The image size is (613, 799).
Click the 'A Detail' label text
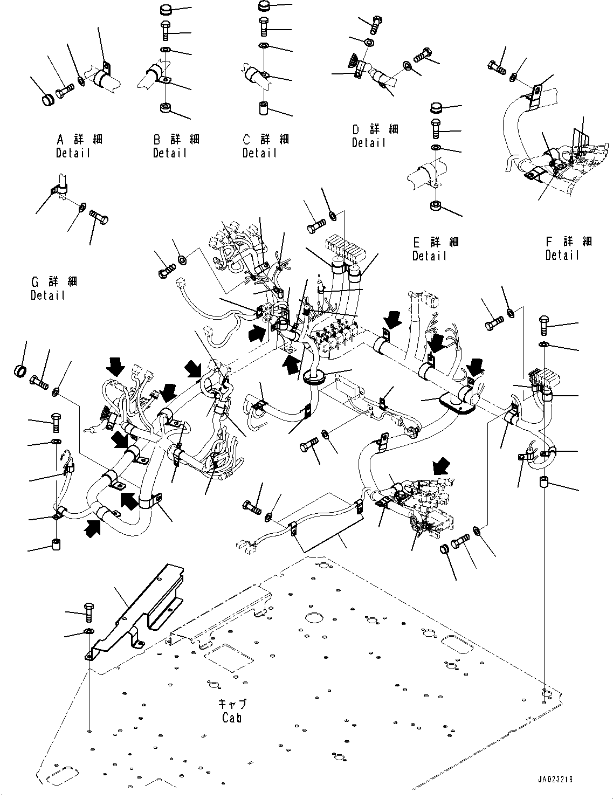pyautogui.click(x=73, y=146)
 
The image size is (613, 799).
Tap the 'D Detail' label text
pyautogui.click(x=369, y=136)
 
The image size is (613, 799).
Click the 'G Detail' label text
pyautogui.click(x=48, y=288)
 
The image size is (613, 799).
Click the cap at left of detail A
pyautogui.click(x=49, y=99)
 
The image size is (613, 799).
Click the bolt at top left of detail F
pyautogui.click(x=496, y=67)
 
